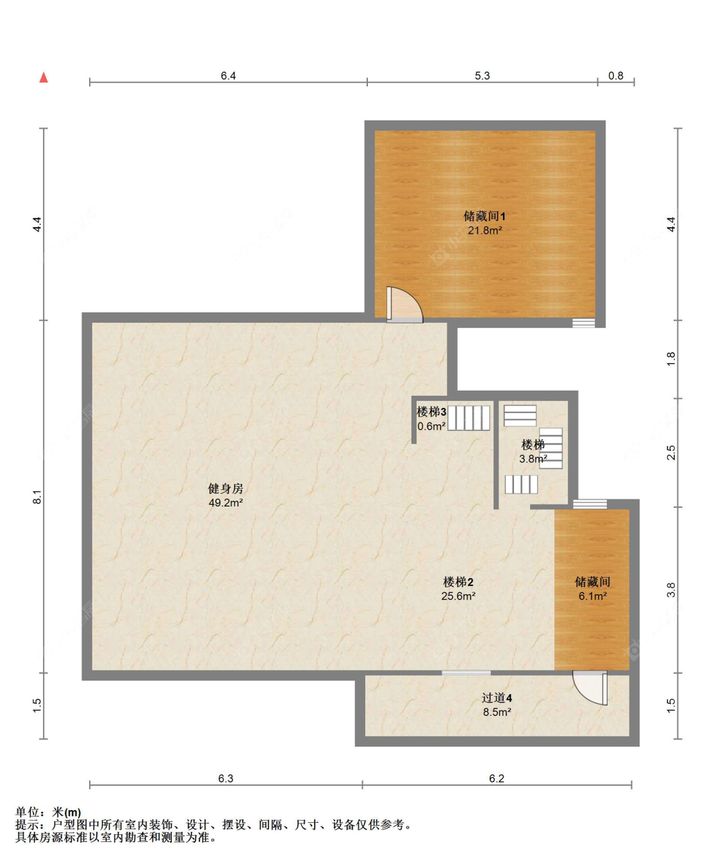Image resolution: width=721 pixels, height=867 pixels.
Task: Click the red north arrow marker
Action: [x=44, y=77]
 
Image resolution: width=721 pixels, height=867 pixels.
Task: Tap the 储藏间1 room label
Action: [x=485, y=216]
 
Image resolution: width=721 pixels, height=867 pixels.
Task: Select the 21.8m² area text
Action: [x=485, y=231]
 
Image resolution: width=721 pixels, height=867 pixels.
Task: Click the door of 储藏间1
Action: [x=404, y=304]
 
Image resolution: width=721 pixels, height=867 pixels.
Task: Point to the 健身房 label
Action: [x=226, y=489]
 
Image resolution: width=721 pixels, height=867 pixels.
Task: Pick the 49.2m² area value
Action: [x=226, y=503]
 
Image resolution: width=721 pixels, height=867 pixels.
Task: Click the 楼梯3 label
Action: [x=431, y=412]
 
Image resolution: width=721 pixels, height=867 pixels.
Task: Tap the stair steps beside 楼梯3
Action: [x=468, y=417]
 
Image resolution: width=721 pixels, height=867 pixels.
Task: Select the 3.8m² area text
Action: [x=533, y=459]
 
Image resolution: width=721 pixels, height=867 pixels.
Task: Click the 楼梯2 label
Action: [x=458, y=582]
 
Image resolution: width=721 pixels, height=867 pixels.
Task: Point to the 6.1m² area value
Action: [x=593, y=596]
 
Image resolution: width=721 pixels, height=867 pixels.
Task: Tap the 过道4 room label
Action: [x=497, y=698]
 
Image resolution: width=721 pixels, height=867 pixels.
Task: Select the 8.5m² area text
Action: [x=497, y=712]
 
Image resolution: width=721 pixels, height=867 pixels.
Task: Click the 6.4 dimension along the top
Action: [x=228, y=76]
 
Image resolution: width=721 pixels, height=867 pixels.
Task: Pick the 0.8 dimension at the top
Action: [x=616, y=76]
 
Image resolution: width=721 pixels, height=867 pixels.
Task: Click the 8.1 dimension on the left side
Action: [x=37, y=497]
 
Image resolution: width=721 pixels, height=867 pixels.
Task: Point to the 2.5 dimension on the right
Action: [x=671, y=453]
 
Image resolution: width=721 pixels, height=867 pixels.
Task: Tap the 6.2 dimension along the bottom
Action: [x=497, y=779]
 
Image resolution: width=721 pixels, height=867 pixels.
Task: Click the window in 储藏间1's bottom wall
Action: [x=583, y=323]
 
